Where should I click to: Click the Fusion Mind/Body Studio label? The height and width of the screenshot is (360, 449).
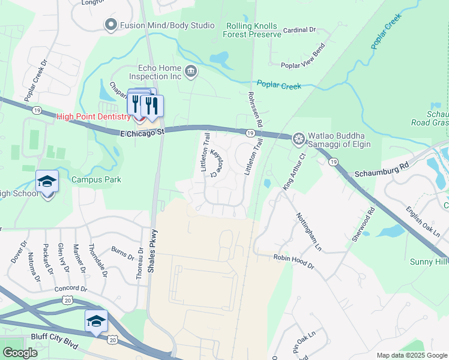click(x=167, y=25)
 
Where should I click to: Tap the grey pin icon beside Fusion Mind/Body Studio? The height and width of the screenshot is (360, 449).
click(x=110, y=25)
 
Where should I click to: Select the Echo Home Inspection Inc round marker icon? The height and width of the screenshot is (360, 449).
click(x=191, y=72)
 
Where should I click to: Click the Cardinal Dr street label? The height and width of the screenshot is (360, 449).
click(x=300, y=29)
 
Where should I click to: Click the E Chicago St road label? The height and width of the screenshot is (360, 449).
click(x=142, y=131)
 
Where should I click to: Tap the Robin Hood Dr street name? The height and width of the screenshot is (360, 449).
click(x=294, y=257)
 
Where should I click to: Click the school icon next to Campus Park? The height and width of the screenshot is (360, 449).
click(x=47, y=181)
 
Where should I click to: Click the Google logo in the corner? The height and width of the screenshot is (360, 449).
click(x=20, y=352)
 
